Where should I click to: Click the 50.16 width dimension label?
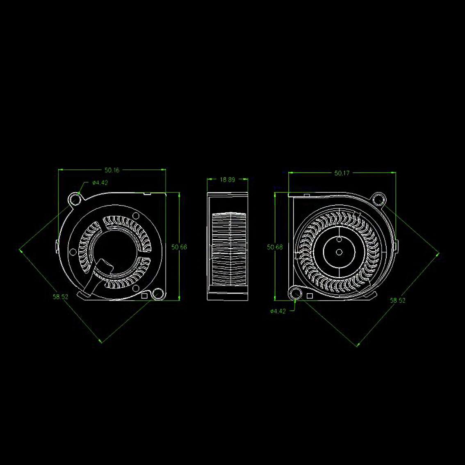112,170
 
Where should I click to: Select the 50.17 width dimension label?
342,173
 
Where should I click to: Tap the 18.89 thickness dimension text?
228,180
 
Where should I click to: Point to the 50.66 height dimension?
179,247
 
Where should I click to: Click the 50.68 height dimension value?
275,247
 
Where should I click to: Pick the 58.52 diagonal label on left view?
61,296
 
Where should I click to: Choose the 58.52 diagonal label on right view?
397,301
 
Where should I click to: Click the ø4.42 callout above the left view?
100,183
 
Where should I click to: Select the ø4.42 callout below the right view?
278,311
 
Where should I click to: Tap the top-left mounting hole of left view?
76,200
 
